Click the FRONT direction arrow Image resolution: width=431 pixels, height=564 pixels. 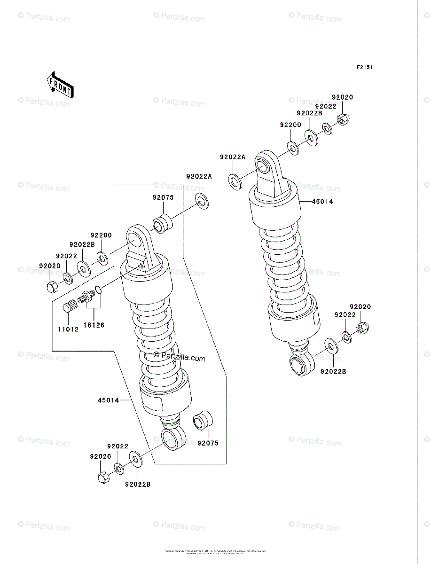(60, 84)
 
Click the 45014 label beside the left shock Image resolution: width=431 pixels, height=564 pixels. (108, 400)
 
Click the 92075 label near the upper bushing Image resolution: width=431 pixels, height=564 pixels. (163, 198)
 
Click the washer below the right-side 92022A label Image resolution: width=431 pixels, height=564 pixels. (235, 181)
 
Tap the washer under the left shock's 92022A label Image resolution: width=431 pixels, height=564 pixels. (203, 201)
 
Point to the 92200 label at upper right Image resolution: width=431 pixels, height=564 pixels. (290, 125)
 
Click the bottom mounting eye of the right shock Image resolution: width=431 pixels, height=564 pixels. (301, 364)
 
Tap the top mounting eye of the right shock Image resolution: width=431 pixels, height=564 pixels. (264, 165)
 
